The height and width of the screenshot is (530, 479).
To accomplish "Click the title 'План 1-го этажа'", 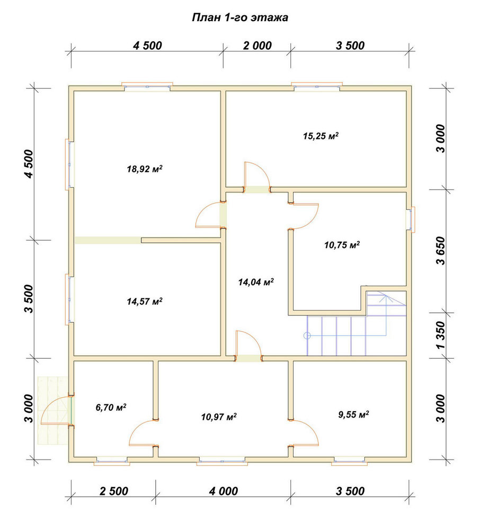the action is pyautogui.click(x=240, y=17).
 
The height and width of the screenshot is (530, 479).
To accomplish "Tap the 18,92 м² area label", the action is pyautogui.click(x=145, y=169).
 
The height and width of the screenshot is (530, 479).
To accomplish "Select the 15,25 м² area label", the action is pyautogui.click(x=321, y=136).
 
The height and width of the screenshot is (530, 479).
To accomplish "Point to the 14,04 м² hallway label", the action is pyautogui.click(x=256, y=282).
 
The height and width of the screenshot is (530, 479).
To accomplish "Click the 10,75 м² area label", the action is pyautogui.click(x=342, y=245).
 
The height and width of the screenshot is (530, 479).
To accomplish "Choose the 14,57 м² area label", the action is pyautogui.click(x=145, y=301).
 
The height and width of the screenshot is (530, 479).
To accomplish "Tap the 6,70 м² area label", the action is pyautogui.click(x=111, y=407).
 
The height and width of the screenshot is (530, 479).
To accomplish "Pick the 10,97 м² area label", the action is pyautogui.click(x=219, y=417).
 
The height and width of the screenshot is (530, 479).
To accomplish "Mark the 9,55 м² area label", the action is pyautogui.click(x=353, y=414).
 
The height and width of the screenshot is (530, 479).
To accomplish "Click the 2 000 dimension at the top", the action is pyautogui.click(x=257, y=45).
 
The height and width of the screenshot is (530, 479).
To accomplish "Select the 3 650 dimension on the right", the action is pyautogui.click(x=441, y=251).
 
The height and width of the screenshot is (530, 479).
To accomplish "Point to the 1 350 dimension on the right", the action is pyautogui.click(x=441, y=335).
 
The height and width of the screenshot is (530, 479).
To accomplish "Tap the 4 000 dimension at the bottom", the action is pyautogui.click(x=224, y=491).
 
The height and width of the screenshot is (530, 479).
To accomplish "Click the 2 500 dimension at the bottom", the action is pyautogui.click(x=114, y=491).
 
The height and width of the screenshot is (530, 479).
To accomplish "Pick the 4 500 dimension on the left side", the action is pyautogui.click(x=30, y=164).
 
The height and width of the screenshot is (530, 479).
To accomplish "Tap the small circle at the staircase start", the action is pyautogui.click(x=307, y=335).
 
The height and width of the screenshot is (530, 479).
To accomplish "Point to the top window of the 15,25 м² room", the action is pyautogui.click(x=317, y=86).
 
